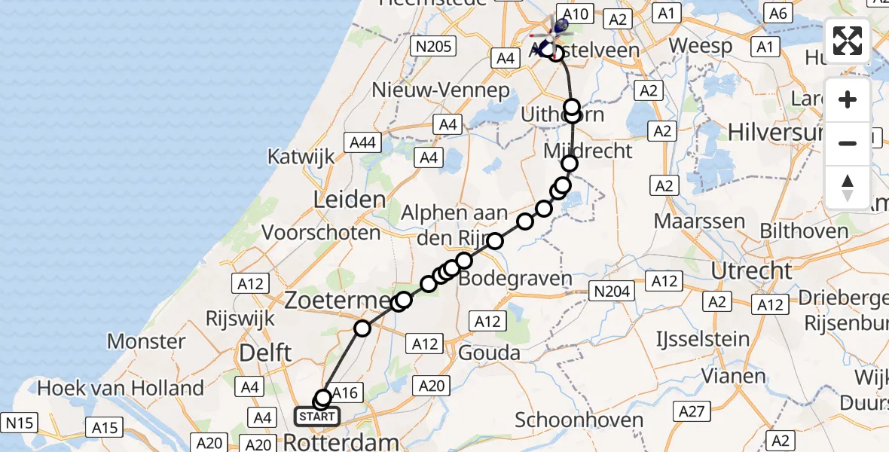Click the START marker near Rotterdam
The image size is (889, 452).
point(316,416)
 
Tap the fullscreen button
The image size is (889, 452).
point(848,41)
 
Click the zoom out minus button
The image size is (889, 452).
point(848,142)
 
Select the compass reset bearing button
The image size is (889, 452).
point(848,186)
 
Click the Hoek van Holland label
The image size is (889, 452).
point(121,388)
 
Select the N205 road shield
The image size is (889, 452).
point(433,47)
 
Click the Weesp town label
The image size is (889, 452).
point(700,45)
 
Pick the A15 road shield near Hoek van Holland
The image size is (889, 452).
point(105,428)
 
